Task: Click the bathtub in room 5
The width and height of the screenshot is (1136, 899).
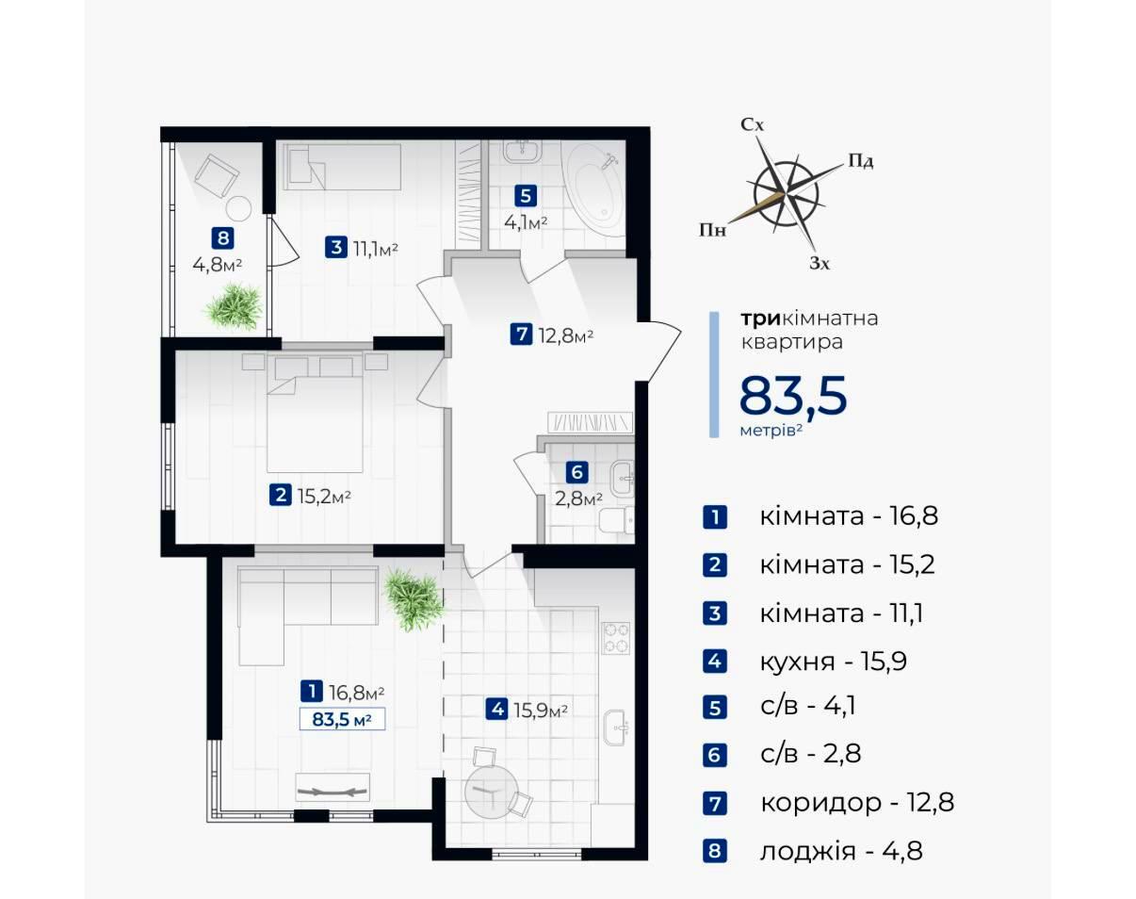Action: click(x=593, y=189)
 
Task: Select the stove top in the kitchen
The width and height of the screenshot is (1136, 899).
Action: click(x=616, y=638)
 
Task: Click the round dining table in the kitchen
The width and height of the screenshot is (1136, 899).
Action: click(x=491, y=793)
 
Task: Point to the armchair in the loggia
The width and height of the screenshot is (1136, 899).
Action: click(x=217, y=174)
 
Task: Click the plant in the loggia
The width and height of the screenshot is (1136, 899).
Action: click(x=235, y=306)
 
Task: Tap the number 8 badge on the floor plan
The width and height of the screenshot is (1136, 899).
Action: click(x=222, y=237)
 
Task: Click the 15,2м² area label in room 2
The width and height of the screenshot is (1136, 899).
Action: click(x=324, y=496)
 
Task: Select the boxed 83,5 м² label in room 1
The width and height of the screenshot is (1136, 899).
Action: click(x=342, y=719)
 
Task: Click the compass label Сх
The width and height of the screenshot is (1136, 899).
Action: click(x=753, y=124)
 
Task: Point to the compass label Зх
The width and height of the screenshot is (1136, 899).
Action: click(x=820, y=263)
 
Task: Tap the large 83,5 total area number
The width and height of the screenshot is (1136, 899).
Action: click(x=793, y=395)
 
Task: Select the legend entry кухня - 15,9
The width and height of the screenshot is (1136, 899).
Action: click(x=834, y=661)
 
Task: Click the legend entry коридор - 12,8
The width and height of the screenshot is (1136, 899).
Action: click(x=857, y=802)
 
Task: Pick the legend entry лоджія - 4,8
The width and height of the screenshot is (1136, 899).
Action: click(x=841, y=850)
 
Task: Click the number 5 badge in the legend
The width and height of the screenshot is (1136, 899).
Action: click(x=715, y=708)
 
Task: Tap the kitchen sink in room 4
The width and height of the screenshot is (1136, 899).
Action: click(x=614, y=727)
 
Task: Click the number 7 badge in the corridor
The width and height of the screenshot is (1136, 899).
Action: click(x=521, y=335)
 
